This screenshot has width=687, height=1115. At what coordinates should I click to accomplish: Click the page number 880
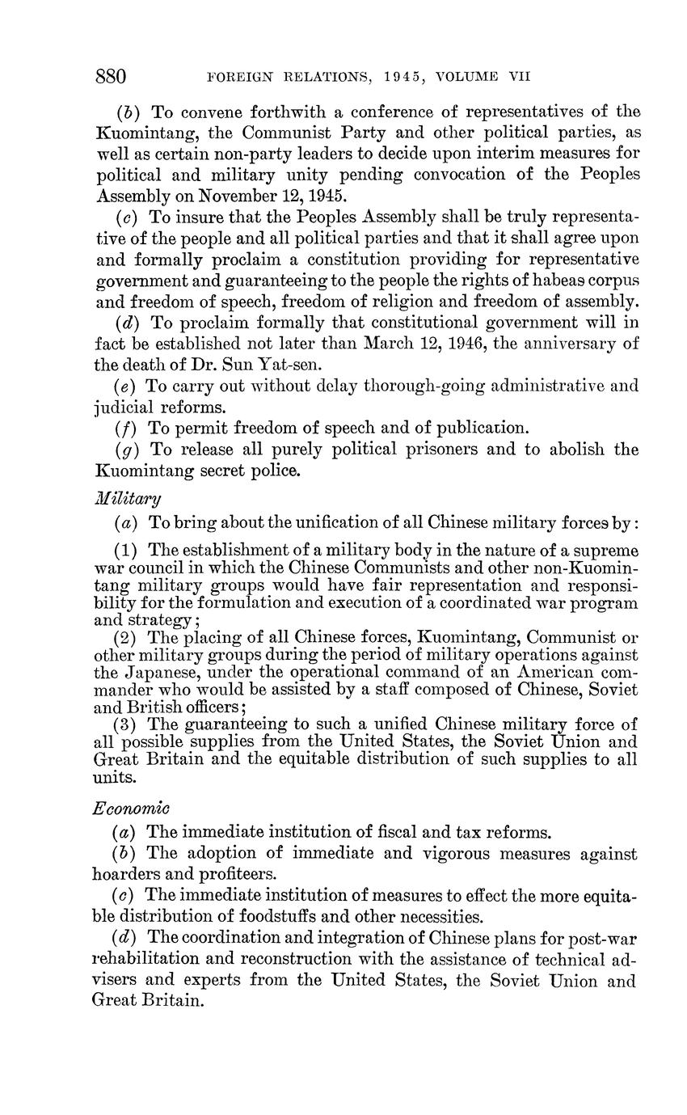coord(112,77)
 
